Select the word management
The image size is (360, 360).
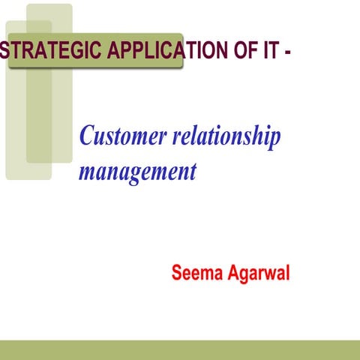[x=137, y=172]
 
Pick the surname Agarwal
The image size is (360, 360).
[x=257, y=273]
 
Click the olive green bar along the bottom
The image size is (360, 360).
[x=180, y=349]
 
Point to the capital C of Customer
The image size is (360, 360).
[x=86, y=136]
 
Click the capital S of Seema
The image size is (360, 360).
[x=177, y=272]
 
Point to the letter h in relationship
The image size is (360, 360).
[x=256, y=136]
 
